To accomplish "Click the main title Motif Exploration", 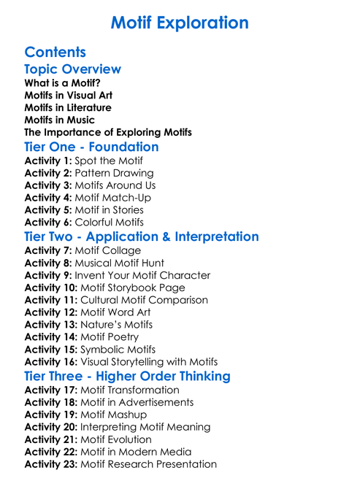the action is click(x=180, y=23).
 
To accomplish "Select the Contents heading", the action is click(x=55, y=52).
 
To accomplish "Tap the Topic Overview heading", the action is click(x=72, y=69).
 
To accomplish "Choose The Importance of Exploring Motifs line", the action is click(x=108, y=132).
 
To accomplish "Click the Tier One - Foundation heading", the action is click(x=91, y=147).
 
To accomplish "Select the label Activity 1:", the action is click(x=48, y=161).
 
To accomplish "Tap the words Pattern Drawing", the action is click(x=114, y=173).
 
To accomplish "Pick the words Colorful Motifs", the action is click(x=110, y=223).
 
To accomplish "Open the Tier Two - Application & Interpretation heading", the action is click(x=141, y=237).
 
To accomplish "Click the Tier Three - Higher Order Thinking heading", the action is click(x=127, y=377).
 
